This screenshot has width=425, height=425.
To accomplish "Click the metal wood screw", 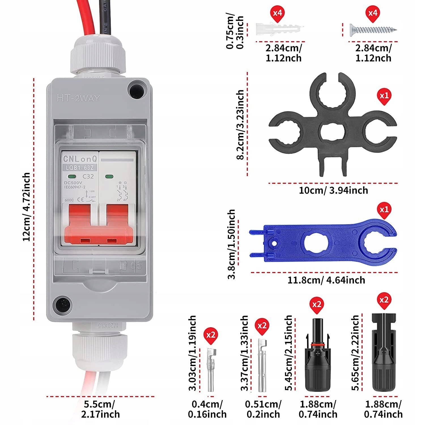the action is pyautogui.click(x=373, y=29).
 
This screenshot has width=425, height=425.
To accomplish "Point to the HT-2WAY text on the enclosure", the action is pyautogui.click(x=78, y=98).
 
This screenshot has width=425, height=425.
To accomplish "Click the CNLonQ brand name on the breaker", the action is pyautogui.click(x=80, y=159).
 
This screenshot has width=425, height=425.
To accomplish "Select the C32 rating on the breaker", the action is pyautogui.click(x=88, y=176).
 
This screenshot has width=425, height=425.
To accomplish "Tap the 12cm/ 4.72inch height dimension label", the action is pyautogui.click(x=27, y=207).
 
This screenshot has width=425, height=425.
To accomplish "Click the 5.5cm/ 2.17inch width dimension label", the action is pyautogui.click(x=100, y=409).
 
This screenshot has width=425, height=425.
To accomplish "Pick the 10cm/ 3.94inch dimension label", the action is pyautogui.click(x=333, y=190).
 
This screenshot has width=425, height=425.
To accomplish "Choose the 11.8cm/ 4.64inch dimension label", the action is pyautogui.click(x=326, y=280).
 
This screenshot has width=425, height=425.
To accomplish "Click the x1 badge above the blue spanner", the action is pyautogui.click(x=384, y=210).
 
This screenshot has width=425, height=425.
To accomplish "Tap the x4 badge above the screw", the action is pyautogui.click(x=373, y=13).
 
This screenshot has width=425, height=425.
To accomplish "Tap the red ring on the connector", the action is pyautogui.click(x=317, y=345).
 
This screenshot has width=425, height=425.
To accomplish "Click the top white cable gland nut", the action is pyautogui.click(x=98, y=55).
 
